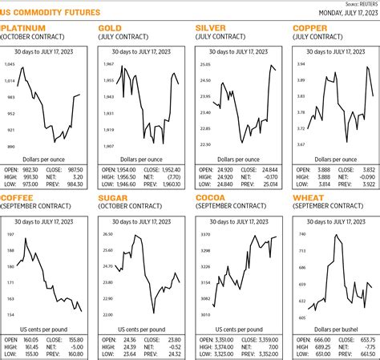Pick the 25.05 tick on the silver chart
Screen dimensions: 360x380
pyautogui.click(x=204, y=87)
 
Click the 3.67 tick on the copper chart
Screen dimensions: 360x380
pyautogui.click(x=301, y=145)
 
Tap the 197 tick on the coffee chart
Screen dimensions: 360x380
pyautogui.click(x=10, y=234)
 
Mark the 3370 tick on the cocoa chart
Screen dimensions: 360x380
pyautogui.click(x=205, y=234)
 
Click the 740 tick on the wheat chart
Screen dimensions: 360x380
pyautogui.click(x=302, y=234)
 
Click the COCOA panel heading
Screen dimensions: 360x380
pyautogui.click(x=216, y=197)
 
